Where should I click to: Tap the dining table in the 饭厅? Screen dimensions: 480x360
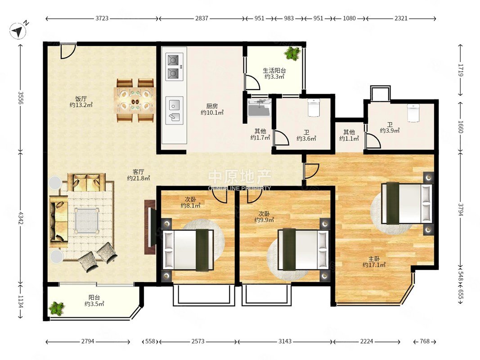point(135,100)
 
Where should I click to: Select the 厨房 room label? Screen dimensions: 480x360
point(212,106)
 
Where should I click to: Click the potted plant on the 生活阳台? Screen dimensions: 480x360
point(292,53)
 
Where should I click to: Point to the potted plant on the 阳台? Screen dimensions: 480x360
point(57,308)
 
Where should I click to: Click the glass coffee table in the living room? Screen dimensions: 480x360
point(87,220)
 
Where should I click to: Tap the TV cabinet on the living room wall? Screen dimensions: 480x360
point(150,227)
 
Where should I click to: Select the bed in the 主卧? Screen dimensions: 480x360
point(407,203)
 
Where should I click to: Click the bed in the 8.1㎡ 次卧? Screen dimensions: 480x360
point(188,250)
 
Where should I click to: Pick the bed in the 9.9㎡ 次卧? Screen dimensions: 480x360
point(303,250)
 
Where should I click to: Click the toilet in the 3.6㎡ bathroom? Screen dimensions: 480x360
point(314,108)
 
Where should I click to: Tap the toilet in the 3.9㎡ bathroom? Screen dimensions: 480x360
point(413,113)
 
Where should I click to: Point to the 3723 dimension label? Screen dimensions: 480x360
point(102,18)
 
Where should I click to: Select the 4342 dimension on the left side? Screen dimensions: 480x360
point(21,218)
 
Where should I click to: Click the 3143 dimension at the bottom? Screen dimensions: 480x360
point(285,342)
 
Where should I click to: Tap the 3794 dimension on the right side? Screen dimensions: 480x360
point(461,209)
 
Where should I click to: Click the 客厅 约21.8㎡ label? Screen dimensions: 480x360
point(139,175)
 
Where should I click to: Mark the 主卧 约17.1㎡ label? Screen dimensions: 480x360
point(374,262)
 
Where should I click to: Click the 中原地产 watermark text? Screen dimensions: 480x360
point(240,177)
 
